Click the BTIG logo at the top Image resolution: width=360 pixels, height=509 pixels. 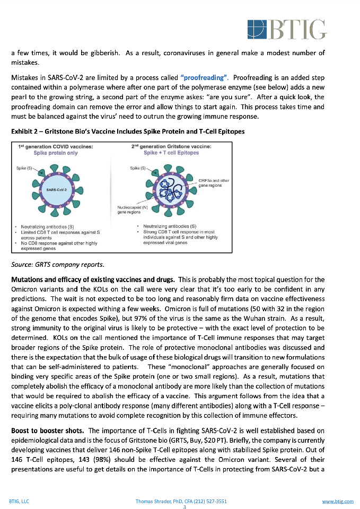287,29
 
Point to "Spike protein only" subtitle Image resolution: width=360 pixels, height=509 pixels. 56,153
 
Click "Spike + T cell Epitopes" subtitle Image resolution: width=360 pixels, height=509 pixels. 171,153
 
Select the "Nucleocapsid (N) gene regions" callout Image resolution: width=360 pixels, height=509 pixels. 129,209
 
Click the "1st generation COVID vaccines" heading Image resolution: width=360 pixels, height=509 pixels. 56,146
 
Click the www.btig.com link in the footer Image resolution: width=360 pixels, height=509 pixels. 338,501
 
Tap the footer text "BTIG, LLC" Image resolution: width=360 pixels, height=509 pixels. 20,501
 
